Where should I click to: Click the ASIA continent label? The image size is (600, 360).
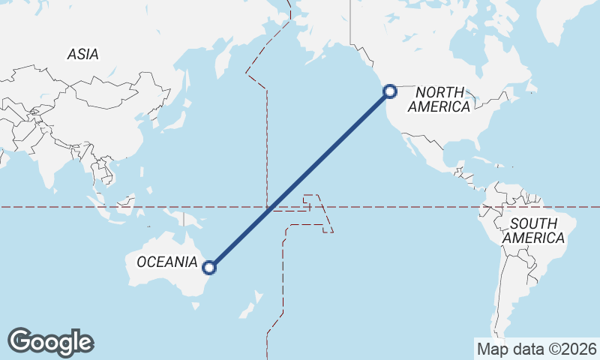82,54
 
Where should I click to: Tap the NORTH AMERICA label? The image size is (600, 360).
443,99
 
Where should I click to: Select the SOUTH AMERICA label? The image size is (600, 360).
533,230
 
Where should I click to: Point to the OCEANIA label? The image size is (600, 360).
166,262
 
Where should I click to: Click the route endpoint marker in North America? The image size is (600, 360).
390,91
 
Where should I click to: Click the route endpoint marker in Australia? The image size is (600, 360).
210,266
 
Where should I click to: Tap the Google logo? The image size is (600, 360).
50,342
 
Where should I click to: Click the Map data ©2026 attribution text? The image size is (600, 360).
536,349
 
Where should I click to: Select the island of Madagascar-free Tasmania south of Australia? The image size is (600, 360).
198,305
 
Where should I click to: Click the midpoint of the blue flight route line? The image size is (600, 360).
300,179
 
